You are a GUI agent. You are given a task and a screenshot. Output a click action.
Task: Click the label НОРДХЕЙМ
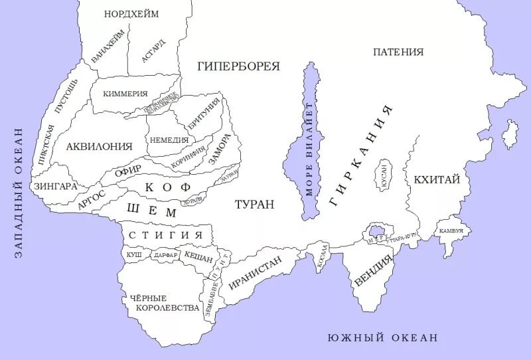[x=132, y=14]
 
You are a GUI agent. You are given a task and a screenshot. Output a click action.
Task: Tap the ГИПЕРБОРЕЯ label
[x=238, y=66]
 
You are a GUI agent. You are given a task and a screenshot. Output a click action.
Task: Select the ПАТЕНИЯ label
[x=398, y=52]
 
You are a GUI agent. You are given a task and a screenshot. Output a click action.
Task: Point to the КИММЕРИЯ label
[x=125, y=94]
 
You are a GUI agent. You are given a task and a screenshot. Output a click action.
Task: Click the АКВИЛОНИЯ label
[x=99, y=146]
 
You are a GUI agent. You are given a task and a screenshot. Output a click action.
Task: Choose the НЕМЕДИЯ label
[x=167, y=140]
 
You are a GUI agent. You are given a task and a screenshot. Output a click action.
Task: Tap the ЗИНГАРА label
[x=55, y=186]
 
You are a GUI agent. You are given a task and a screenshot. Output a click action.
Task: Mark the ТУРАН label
[x=254, y=205]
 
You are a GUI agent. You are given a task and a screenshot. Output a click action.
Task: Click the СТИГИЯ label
[x=165, y=235]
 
